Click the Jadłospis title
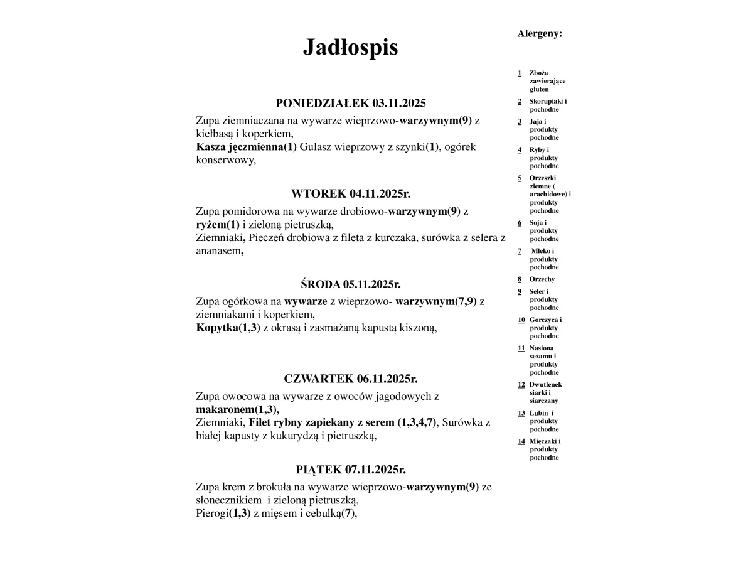click(350, 47)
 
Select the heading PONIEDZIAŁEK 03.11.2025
click(351, 104)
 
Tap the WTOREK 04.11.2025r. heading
click(351, 193)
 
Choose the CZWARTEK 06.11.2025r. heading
click(351, 379)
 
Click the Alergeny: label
click(540, 34)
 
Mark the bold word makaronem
click(225, 410)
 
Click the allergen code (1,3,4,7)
click(417, 422)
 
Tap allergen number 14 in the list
click(521, 441)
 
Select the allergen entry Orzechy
click(542, 279)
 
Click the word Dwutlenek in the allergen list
click(545, 385)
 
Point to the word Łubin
click(538, 413)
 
